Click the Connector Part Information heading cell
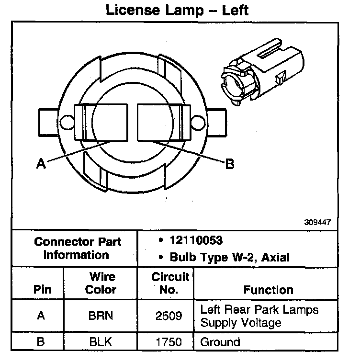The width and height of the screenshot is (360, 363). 77,248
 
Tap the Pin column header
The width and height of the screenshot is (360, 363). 42,290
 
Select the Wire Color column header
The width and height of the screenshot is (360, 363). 102,283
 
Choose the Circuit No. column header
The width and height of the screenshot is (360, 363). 170,283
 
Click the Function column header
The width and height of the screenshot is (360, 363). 268,290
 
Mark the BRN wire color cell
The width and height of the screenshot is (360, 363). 102,316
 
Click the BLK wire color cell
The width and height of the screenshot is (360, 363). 102,342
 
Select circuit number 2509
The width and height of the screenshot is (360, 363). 169,316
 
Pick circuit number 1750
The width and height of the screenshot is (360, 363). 169,342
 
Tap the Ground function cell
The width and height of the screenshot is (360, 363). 220,342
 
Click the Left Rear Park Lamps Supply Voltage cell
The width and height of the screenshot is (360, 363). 259,316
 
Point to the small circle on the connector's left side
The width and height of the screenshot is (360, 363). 67,122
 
